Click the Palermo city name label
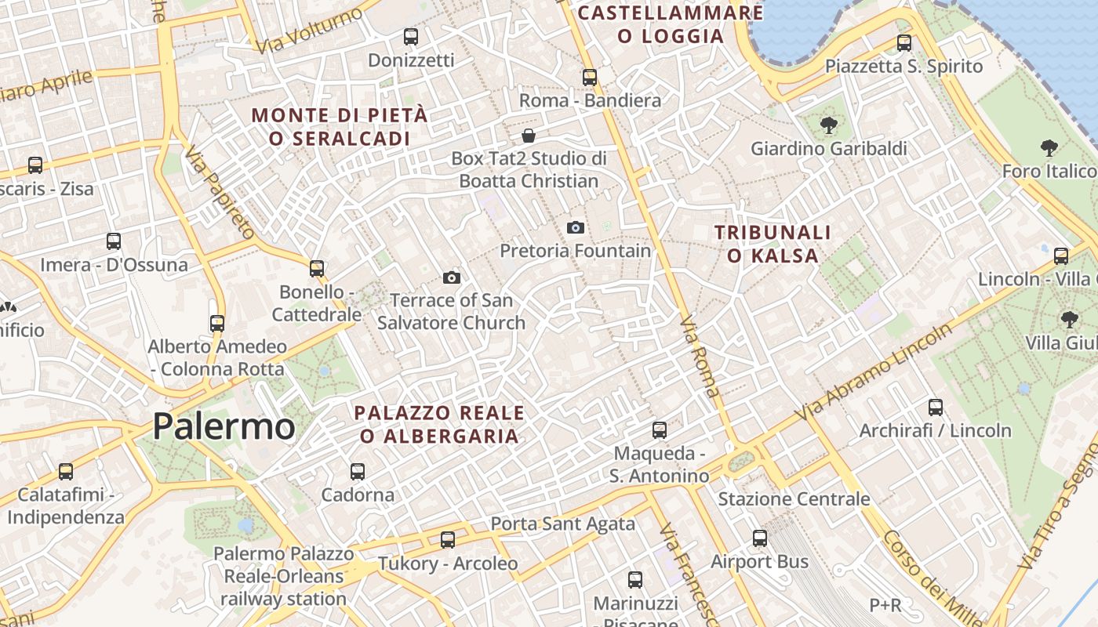click(224, 426)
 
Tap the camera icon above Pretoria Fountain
click(576, 227)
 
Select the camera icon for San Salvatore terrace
click(451, 277)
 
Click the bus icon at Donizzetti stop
click(410, 36)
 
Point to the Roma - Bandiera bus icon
click(590, 77)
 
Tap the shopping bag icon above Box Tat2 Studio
click(529, 135)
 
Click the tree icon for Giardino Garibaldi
click(828, 125)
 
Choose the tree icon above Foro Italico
click(1049, 147)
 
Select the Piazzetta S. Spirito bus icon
click(904, 43)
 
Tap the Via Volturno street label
click(311, 31)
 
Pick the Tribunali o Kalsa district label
click(773, 244)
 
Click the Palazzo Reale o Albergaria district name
click(439, 424)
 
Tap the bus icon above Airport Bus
click(759, 538)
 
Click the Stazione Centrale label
click(794, 499)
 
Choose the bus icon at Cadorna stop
click(358, 471)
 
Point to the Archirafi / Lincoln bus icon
click(936, 408)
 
